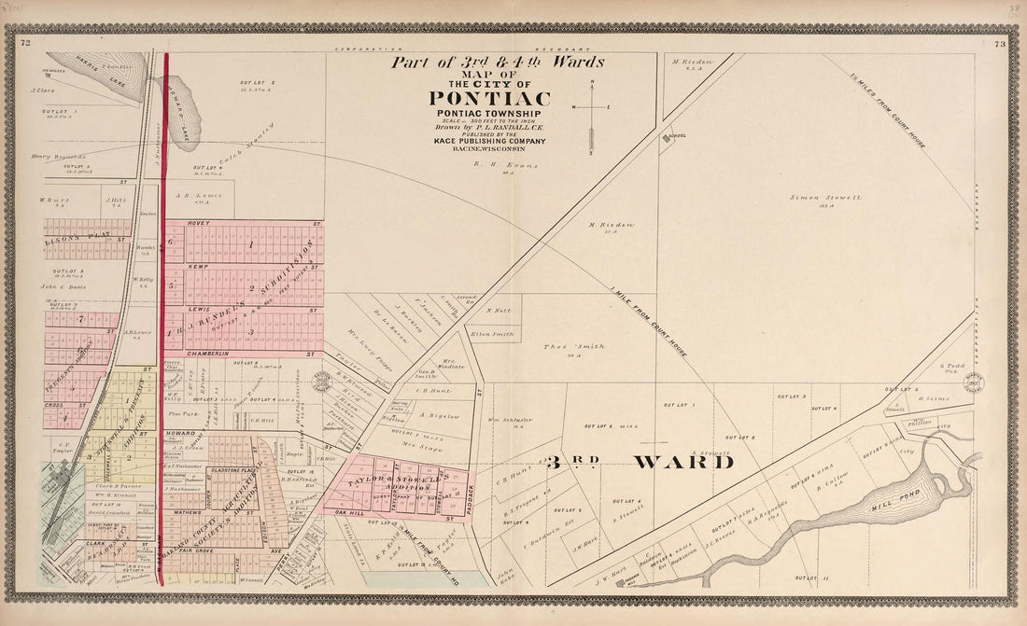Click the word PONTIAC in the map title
pos(489,99)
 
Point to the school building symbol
pos(669,136)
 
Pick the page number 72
pos(26,43)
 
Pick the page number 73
pos(999,43)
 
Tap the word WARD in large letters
pos(683,462)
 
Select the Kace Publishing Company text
pos(489,141)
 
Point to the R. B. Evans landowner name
pos(493,165)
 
